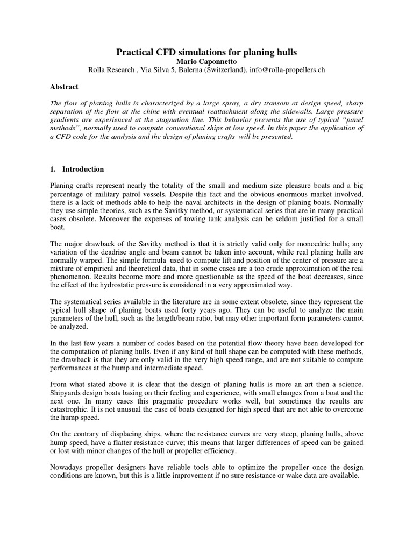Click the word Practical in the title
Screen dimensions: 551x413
click(x=137, y=52)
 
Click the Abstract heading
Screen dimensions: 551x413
click(x=64, y=87)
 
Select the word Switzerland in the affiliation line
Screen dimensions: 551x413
click(x=224, y=70)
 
